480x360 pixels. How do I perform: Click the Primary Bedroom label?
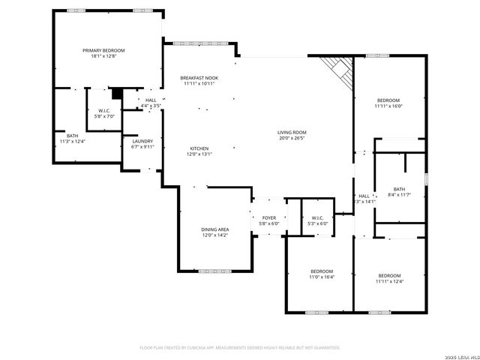point(103,50)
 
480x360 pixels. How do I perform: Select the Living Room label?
point(292,132)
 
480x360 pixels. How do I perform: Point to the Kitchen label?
point(199,148)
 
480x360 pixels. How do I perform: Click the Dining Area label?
point(214,229)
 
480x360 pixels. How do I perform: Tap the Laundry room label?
point(142,141)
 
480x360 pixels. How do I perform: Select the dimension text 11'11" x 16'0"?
point(389,106)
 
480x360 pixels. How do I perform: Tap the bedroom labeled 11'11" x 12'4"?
point(389,276)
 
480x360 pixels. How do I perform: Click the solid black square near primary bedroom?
point(116,94)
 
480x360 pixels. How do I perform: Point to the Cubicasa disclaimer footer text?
point(240,347)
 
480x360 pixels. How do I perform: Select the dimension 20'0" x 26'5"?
point(292,138)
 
